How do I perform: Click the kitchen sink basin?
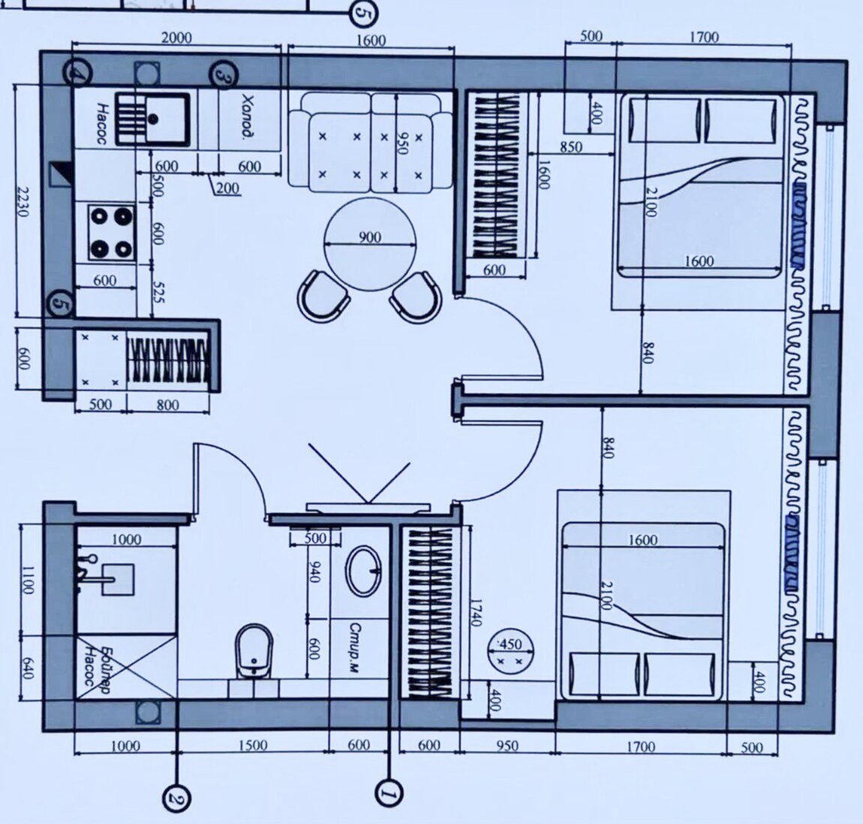coord(152,119)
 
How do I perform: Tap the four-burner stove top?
coord(112,232)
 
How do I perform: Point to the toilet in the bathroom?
coord(254,651)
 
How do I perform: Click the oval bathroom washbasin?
coord(364,571)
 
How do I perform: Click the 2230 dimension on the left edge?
coord(22,201)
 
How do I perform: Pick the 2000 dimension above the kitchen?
coord(176,38)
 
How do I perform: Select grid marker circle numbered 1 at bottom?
coord(389,793)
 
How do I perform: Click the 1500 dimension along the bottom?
coord(253,746)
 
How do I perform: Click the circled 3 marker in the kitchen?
coord(223,74)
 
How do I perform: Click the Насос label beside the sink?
coord(102,123)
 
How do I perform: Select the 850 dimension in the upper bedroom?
coord(571,148)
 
